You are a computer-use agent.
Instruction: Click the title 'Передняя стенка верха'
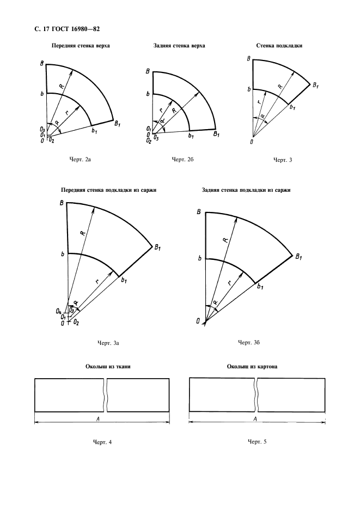[x=81, y=46]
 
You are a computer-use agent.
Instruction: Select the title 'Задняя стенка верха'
[x=180, y=46]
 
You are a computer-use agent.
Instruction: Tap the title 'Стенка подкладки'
[x=279, y=46]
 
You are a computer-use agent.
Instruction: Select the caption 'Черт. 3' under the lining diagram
[x=283, y=160]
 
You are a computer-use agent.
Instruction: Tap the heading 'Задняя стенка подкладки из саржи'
[x=247, y=190]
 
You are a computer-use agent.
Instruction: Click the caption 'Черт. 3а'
[x=108, y=343]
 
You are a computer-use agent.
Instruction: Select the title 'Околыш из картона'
[x=253, y=367]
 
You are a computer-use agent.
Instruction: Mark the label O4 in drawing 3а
[x=58, y=311]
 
